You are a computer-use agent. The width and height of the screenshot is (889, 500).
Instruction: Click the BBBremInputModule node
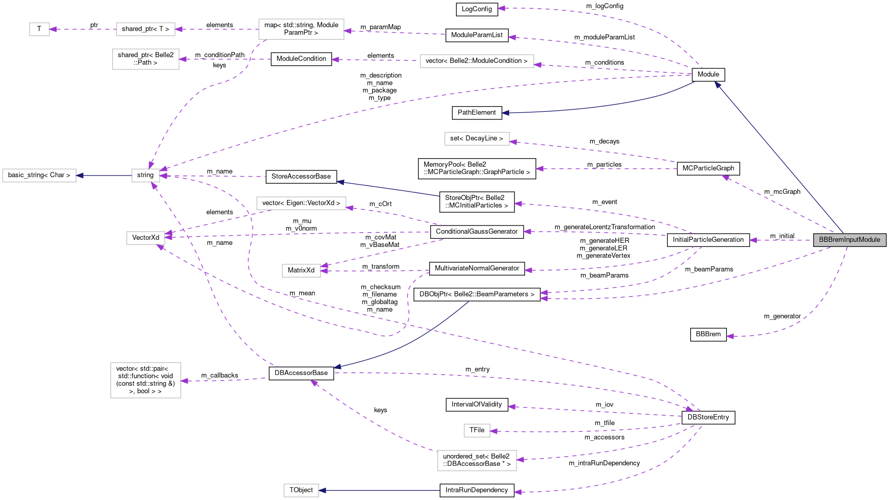(x=849, y=240)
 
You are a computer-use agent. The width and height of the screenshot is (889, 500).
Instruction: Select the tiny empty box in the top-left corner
(x=39, y=29)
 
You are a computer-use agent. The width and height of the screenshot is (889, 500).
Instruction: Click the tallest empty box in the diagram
(x=146, y=380)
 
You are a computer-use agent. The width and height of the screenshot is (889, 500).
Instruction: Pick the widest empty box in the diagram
(x=477, y=61)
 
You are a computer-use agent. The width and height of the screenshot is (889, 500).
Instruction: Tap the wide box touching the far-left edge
(x=39, y=176)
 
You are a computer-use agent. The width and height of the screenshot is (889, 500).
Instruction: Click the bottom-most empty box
(x=301, y=490)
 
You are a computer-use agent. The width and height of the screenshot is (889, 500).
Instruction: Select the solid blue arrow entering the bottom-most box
(x=380, y=490)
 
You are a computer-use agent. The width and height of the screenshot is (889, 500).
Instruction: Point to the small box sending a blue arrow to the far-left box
(x=146, y=176)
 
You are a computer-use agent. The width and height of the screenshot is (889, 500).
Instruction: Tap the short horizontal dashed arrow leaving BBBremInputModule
(x=780, y=240)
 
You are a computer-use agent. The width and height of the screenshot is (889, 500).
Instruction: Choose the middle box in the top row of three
(x=146, y=29)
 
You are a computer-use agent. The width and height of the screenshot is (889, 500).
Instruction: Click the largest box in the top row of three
(x=301, y=29)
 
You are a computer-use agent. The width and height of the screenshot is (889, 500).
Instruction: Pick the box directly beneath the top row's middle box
(x=146, y=59)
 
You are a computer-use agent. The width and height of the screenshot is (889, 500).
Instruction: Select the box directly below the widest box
(x=477, y=139)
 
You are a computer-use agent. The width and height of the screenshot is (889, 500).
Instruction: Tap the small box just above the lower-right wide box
(x=477, y=431)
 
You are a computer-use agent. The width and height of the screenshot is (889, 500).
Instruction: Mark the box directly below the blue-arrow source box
(x=146, y=238)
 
